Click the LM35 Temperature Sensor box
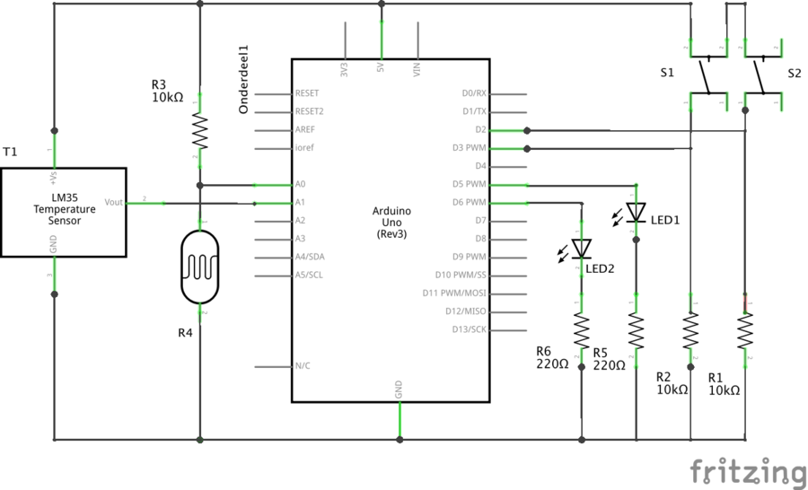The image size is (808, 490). point(63,212)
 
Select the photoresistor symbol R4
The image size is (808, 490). point(199,267)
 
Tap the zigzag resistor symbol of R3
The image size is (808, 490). point(199,133)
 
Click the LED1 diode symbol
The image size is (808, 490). point(636,212)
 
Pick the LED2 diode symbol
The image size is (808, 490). point(582,249)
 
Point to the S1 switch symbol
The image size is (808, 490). point(707,75)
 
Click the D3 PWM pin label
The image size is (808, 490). point(469,148)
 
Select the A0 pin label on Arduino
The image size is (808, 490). point(301,184)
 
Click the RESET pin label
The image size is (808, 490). point(307,93)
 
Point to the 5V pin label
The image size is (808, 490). point(382,66)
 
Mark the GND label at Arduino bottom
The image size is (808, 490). point(400,389)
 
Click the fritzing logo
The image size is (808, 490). point(747,471)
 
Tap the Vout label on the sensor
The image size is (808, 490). point(114,203)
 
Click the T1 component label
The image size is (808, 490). point(10,153)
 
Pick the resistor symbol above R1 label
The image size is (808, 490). point(745,331)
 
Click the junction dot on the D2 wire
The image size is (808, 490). point(527,130)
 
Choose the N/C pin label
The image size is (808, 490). point(303,366)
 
